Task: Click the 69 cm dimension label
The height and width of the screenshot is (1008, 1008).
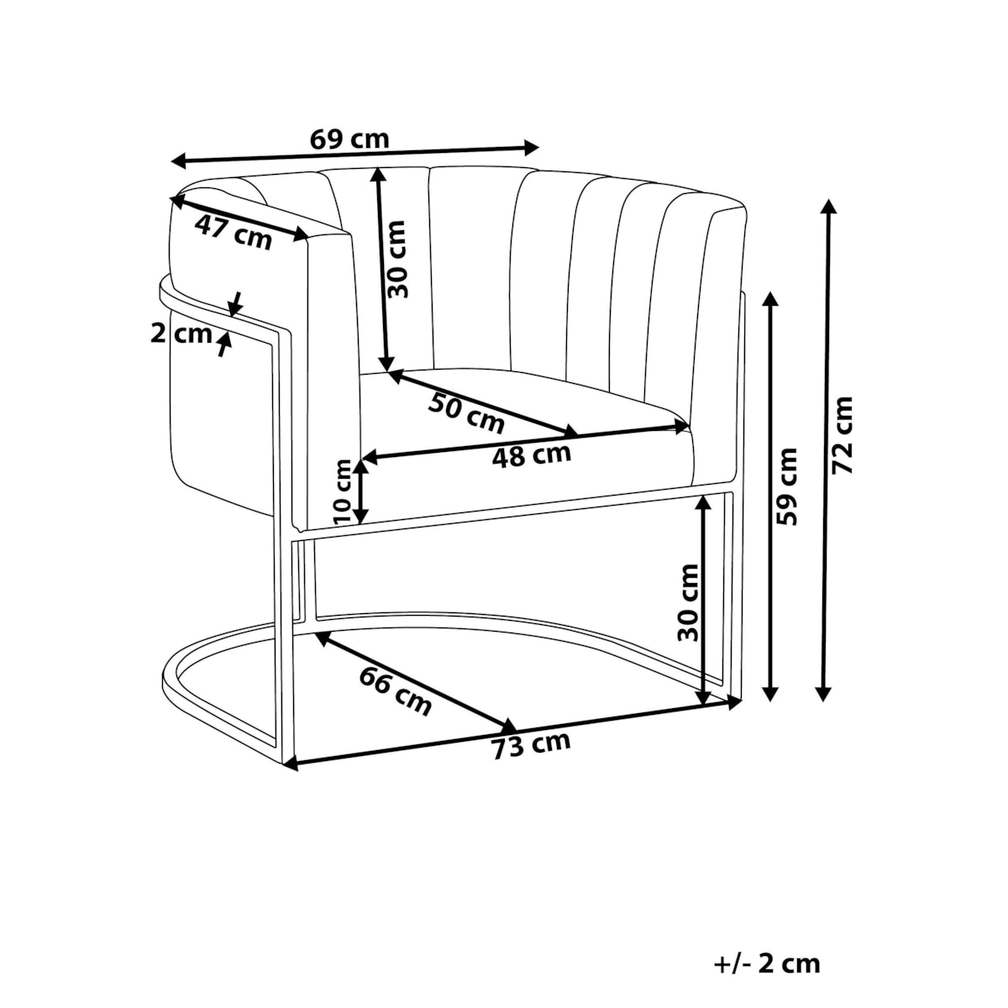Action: tap(349, 139)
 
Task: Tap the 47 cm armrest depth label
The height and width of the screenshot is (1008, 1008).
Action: tap(234, 233)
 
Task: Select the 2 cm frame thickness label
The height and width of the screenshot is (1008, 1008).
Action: tap(181, 333)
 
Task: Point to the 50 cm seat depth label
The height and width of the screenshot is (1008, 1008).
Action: tap(466, 414)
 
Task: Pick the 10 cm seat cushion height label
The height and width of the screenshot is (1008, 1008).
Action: tap(344, 491)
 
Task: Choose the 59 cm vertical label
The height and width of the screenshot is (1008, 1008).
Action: tap(787, 486)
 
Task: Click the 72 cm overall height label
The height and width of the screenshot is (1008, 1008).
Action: tap(843, 435)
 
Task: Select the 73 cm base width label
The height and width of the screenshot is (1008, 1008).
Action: tap(531, 746)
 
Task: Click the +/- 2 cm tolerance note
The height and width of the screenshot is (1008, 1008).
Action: tap(767, 934)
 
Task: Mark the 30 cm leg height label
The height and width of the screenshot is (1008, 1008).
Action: tap(688, 602)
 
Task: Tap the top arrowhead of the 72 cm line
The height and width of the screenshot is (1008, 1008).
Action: tap(827, 207)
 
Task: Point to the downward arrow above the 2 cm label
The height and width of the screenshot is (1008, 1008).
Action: tap(236, 304)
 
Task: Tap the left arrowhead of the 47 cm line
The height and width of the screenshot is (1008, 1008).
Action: tap(177, 202)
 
